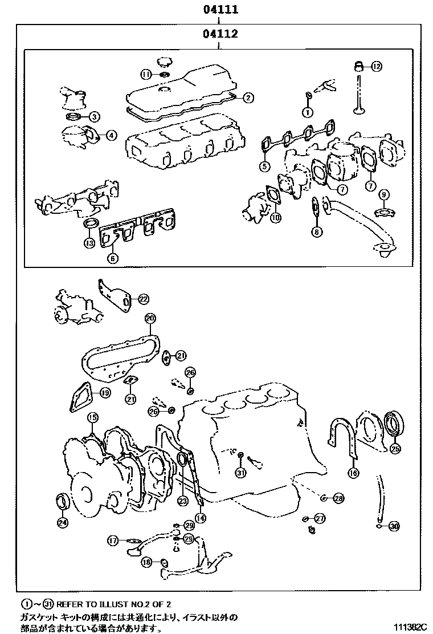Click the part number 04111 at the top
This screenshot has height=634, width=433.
click(x=219, y=10)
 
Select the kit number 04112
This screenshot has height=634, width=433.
click(x=219, y=34)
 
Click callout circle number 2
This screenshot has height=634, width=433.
click(x=248, y=97)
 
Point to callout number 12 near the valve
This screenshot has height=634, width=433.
click(x=375, y=67)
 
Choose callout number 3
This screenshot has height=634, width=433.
click(x=95, y=117)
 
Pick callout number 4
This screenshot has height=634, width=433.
click(x=111, y=135)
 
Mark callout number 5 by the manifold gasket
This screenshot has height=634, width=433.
click(x=264, y=166)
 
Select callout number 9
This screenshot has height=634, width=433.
click(x=384, y=195)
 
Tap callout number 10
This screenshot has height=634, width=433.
click(x=275, y=217)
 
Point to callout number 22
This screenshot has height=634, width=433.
click(x=143, y=298)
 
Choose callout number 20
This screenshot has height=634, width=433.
click(x=150, y=318)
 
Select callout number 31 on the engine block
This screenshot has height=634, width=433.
click(x=240, y=473)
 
